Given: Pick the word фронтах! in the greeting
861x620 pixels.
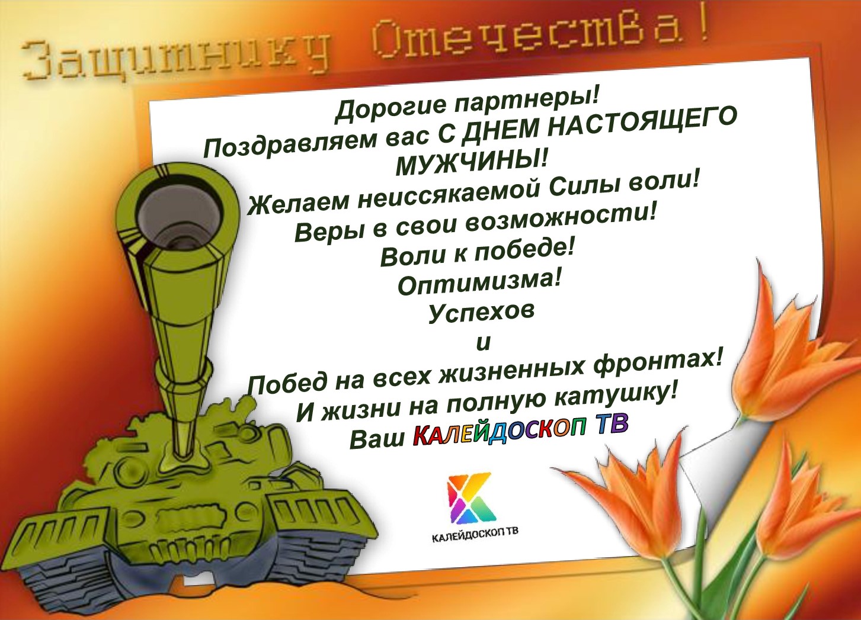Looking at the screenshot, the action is click(657, 364).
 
